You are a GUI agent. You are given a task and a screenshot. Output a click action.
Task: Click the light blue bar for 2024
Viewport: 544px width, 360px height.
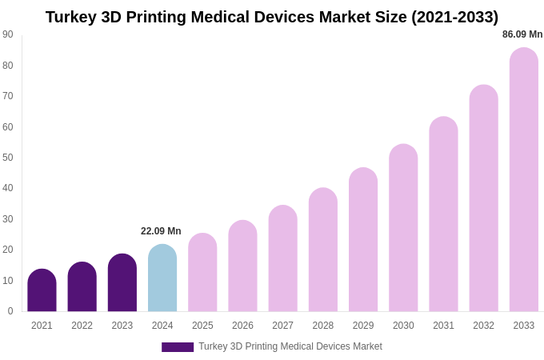162,278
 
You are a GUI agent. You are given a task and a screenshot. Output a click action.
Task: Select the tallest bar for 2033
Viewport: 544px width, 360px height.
523,180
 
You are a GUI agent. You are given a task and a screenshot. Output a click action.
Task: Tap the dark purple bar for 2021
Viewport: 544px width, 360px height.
42,290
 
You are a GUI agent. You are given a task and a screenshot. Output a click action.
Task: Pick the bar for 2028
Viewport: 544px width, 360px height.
323,250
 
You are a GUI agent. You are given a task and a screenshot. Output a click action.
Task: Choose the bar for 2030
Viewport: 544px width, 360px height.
403,228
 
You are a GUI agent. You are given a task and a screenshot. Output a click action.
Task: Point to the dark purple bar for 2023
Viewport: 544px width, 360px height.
122,283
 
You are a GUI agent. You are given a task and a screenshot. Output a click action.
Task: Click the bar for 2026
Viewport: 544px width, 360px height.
242,266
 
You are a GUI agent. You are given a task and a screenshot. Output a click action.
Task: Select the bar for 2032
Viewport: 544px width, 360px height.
483,198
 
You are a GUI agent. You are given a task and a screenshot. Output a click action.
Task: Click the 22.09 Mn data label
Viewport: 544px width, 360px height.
161,231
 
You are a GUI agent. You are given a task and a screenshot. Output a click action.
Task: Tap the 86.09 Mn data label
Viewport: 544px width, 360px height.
522,34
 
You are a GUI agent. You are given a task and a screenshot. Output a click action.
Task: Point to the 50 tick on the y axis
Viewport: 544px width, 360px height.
8,158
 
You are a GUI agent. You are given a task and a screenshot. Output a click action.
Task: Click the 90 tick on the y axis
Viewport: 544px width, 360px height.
8,34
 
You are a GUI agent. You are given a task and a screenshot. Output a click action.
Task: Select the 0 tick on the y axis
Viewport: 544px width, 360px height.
10,311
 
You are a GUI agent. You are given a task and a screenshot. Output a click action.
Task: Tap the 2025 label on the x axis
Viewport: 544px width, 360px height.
202,326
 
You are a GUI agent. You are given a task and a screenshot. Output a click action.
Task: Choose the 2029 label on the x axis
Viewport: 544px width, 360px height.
363,326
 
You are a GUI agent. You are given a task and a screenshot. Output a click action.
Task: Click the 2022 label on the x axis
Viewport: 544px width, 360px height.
82,326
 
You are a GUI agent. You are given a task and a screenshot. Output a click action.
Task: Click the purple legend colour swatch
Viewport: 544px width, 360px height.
178,347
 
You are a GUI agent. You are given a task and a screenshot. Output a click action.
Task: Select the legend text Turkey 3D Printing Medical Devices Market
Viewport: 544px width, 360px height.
290,346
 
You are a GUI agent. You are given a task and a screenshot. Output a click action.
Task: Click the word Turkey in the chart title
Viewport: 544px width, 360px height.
70,17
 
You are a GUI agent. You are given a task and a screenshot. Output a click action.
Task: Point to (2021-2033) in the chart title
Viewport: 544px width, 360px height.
454,17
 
